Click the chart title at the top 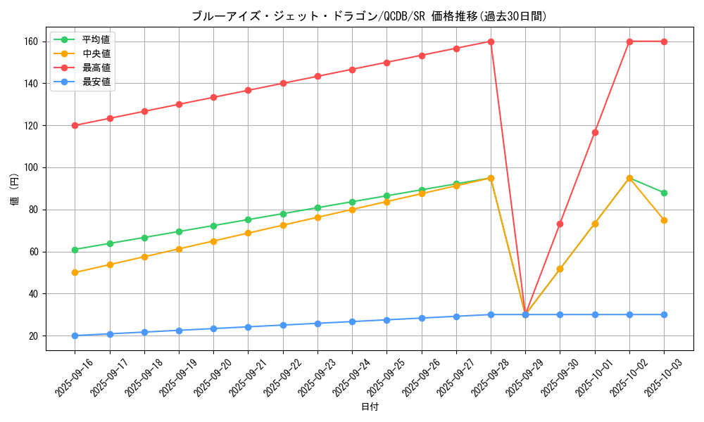[x=369, y=16]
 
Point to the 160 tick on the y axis [x=29, y=41]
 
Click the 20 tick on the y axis [x=32, y=336]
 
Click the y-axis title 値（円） [x=15, y=188]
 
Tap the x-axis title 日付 [x=369, y=407]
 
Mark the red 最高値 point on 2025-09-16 [x=75, y=125]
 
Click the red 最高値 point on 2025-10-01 [x=595, y=132]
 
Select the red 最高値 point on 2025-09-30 [x=560, y=224]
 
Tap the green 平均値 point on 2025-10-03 [x=664, y=193]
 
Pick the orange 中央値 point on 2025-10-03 [x=664, y=220]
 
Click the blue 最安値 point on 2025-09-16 [x=75, y=335]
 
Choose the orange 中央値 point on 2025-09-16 [x=75, y=272]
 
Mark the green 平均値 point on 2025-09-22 [x=283, y=214]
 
